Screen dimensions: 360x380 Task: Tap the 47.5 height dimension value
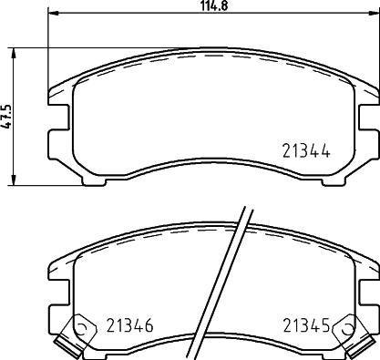click(x=7, y=118)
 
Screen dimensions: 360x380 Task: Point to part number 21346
click(x=129, y=325)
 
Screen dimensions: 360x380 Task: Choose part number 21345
click(x=305, y=325)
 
